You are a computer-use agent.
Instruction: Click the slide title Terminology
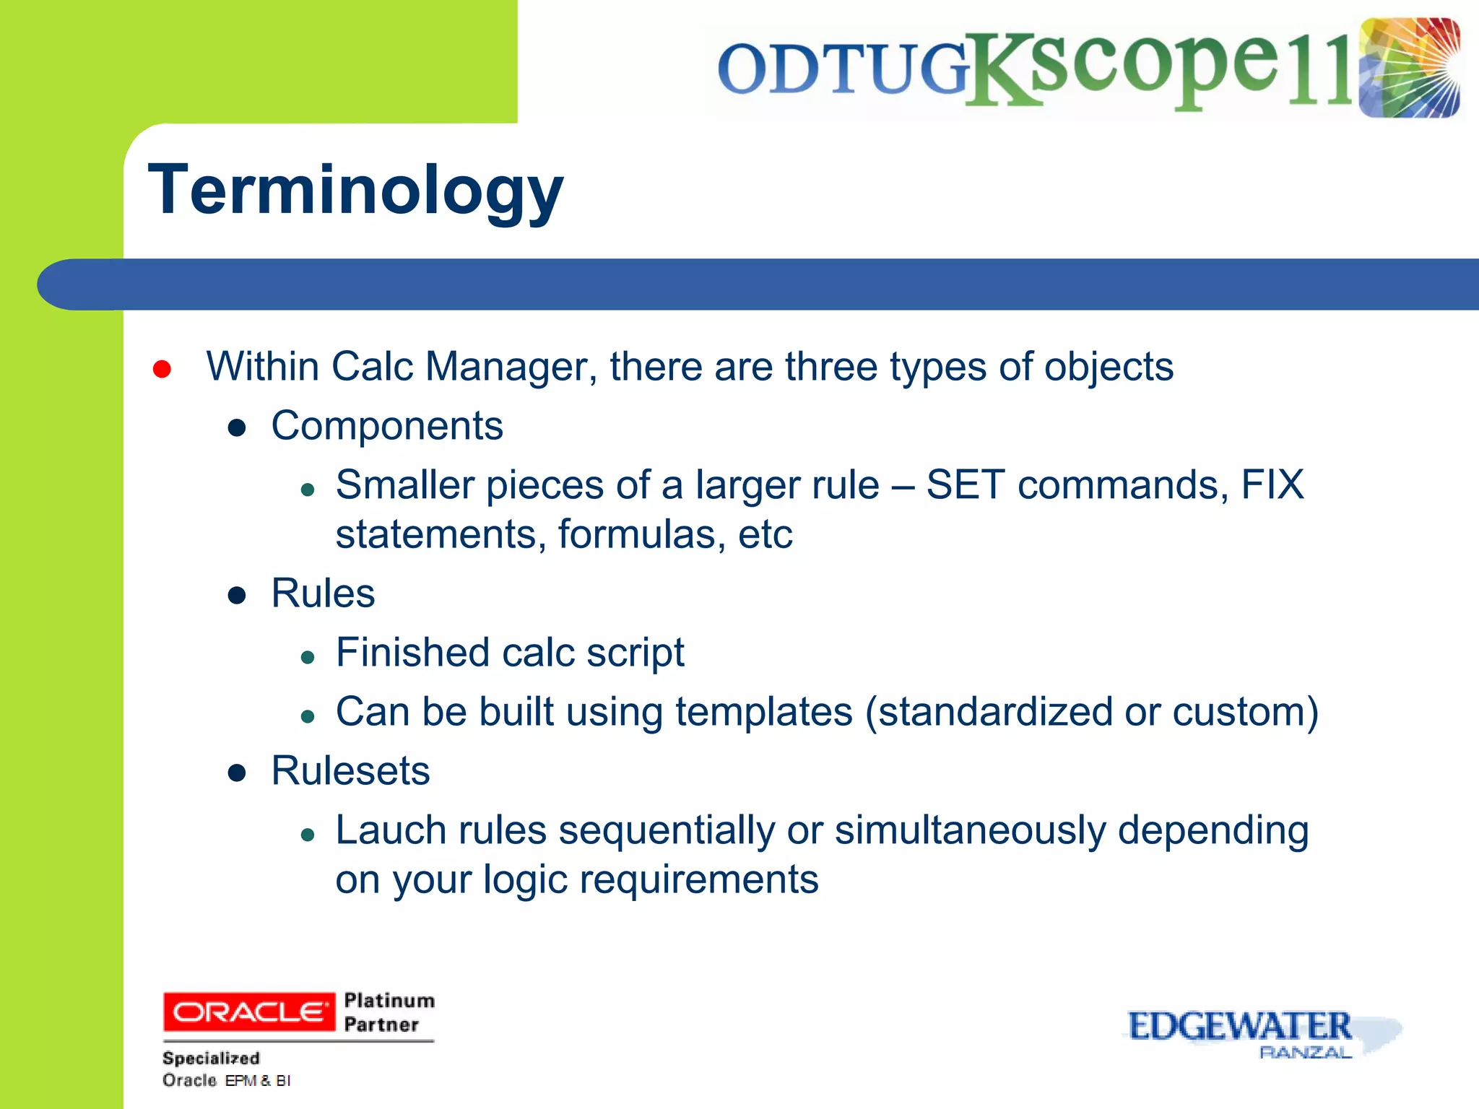tap(355, 189)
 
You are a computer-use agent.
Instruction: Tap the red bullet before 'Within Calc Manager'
tap(162, 369)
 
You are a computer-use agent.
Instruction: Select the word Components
tap(387, 425)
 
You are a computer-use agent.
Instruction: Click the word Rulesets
tap(350, 770)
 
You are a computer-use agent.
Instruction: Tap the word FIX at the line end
tap(1272, 484)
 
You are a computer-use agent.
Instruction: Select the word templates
tap(764, 712)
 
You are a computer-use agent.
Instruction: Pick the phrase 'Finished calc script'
tap(510, 653)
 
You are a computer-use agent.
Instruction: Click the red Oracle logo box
tap(249, 1012)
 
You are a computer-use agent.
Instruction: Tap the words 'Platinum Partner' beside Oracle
tap(389, 1012)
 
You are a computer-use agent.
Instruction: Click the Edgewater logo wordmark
tap(1239, 1026)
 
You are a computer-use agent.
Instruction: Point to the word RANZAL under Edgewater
tap(1305, 1053)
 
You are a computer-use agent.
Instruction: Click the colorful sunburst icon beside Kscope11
tap(1409, 68)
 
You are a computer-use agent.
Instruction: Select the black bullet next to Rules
tap(237, 596)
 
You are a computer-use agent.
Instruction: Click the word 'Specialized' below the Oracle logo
tap(211, 1058)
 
